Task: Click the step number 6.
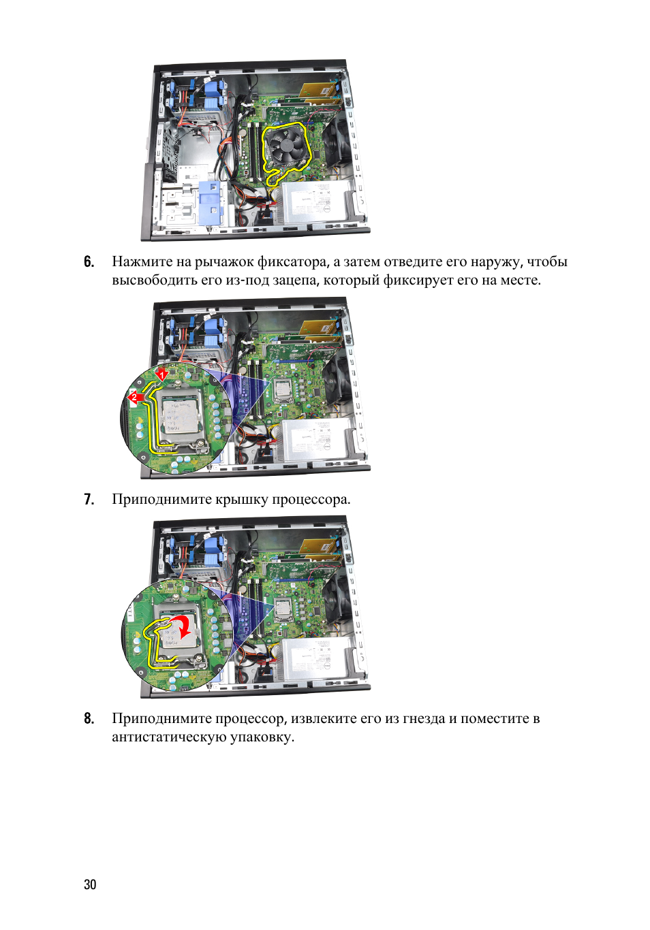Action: (89, 262)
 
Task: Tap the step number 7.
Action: (89, 499)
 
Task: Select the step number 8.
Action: (89, 718)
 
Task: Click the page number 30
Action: (90, 885)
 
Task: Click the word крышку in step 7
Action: (241, 500)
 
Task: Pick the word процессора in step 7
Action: (311, 500)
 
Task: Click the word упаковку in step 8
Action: (262, 738)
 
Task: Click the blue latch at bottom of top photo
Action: (211, 202)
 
